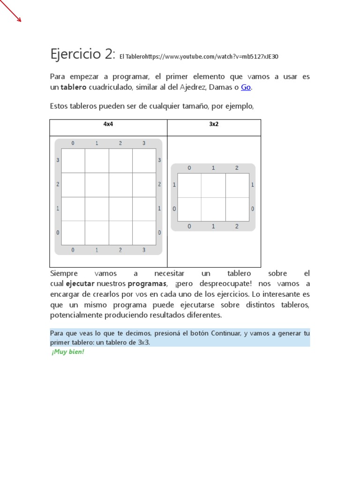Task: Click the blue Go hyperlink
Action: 246,87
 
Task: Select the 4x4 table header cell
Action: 108,125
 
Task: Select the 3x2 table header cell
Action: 214,125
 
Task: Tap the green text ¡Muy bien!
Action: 68,352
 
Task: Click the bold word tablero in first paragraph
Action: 73,87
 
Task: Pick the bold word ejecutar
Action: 80,284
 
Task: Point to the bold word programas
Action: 147,284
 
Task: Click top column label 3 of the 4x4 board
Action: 144,143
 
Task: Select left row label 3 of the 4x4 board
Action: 58,160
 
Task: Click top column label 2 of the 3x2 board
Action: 237,168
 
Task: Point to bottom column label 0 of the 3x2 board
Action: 189,226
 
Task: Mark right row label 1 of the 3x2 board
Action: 253,185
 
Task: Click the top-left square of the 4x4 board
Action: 73,161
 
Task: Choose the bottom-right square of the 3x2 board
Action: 237,209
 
